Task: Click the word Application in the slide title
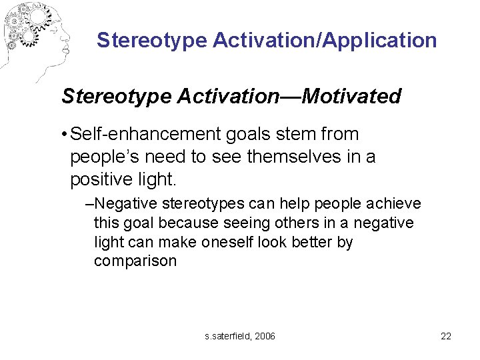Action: click(379, 41)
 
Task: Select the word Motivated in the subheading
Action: click(351, 97)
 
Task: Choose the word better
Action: click(311, 242)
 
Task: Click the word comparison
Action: click(135, 261)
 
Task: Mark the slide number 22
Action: click(446, 336)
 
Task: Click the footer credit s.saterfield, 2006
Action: click(240, 336)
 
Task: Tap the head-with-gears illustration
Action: click(33, 37)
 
